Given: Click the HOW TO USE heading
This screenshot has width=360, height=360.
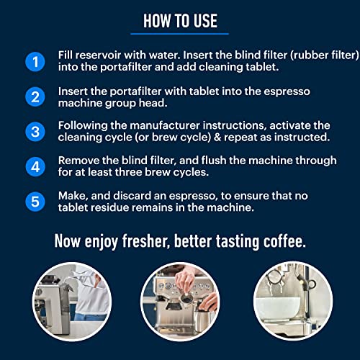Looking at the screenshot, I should pos(179,20).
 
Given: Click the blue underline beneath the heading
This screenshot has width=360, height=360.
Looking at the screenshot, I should pos(179,33).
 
